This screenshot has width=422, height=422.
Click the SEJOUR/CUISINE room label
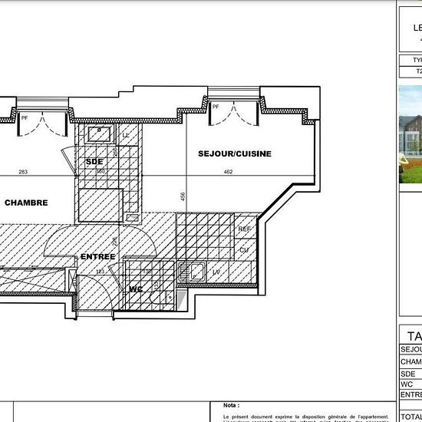tap(235, 153)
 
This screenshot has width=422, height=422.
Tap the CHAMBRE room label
tap(26, 203)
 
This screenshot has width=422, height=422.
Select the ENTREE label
tap(97, 256)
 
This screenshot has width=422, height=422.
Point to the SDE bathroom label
tap(94, 162)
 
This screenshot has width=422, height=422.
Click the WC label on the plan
tap(137, 289)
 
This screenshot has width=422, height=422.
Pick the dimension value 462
tap(228, 173)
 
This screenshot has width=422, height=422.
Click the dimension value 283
tap(22, 173)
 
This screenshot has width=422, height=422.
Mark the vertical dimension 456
tap(182, 196)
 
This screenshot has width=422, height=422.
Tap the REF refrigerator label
tap(245, 229)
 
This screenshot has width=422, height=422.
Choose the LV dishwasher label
tap(216, 272)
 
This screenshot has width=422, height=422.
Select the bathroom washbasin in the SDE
tap(99, 135)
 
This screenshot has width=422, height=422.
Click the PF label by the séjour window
tap(217, 107)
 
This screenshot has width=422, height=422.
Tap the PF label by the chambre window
tap(25, 117)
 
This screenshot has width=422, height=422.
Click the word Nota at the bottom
tap(230, 404)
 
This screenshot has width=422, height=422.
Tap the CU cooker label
tap(244, 250)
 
